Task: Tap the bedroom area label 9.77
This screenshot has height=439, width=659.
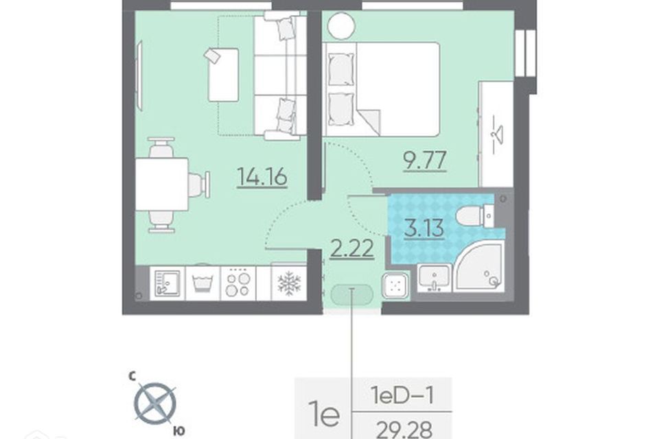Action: coord(425,160)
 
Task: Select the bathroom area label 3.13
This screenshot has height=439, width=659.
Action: coord(424,228)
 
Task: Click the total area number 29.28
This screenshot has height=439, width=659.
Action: coord(404,429)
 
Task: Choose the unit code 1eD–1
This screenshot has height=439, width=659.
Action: coord(402,395)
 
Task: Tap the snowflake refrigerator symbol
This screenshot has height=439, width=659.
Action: coord(289,283)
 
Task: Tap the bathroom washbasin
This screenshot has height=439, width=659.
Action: coord(435,278)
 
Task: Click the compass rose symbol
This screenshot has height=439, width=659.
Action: coord(154,403)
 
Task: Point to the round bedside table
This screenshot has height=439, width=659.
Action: coord(342,25)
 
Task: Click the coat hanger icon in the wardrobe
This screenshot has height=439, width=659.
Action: coord(496,134)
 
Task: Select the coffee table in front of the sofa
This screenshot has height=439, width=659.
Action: coord(223,74)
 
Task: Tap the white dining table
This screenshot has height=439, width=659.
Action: coord(161,185)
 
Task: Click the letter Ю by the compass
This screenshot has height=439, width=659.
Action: coord(179,430)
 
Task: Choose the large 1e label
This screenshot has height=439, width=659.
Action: coord(323,414)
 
